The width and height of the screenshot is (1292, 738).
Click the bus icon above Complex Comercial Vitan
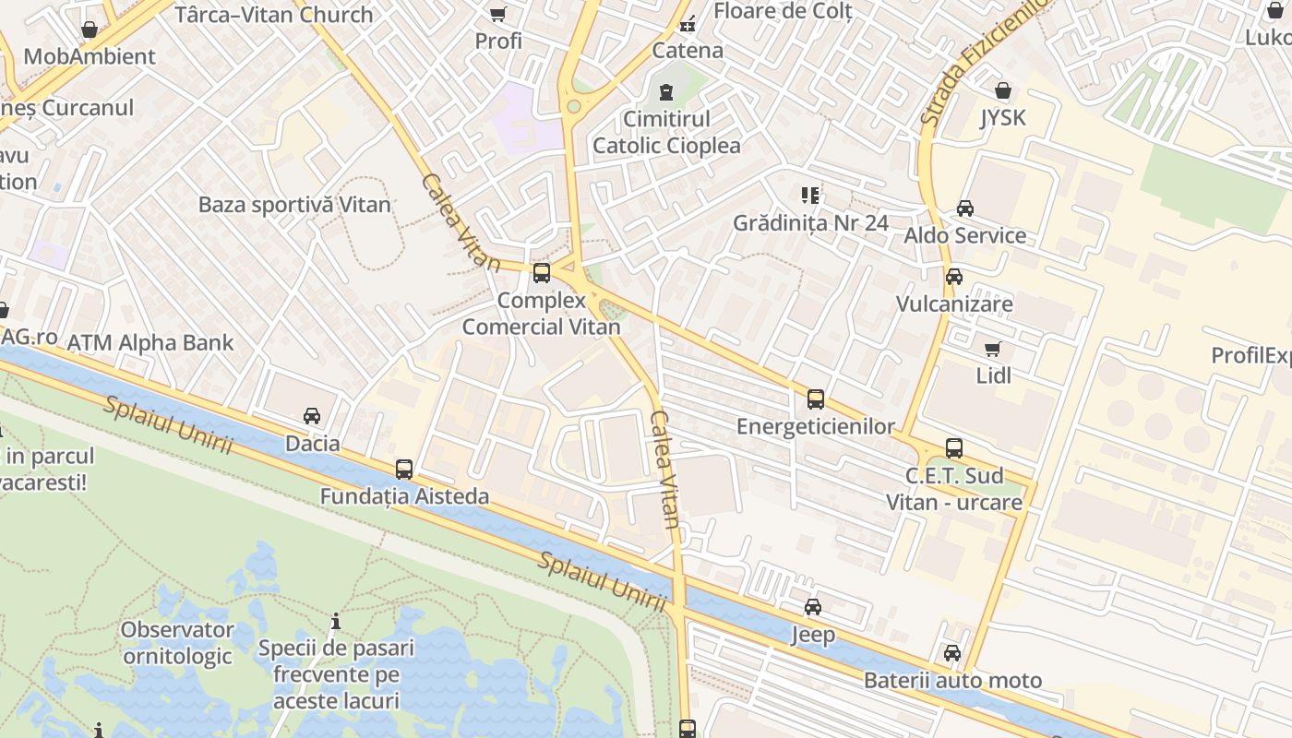542,273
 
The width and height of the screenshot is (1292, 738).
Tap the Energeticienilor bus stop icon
816,399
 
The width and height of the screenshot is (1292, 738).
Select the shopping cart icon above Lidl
993,349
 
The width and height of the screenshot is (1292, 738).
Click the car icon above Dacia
312,416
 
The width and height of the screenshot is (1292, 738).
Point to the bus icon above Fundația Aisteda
404,469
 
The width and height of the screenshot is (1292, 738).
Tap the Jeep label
813,635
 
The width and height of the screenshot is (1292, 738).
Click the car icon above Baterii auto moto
952,653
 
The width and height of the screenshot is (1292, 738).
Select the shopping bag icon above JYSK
1003,90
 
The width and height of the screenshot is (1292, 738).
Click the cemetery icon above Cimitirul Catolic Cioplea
666,91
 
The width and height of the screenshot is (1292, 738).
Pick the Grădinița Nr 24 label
810,223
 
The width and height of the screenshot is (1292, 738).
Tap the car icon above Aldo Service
965,208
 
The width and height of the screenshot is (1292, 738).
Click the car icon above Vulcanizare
954,277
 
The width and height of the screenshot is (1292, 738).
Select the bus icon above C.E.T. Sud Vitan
954,449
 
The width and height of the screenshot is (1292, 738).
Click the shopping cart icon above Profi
498,14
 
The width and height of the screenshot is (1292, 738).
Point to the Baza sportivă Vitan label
294,205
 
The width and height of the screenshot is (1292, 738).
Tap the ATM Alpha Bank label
150,343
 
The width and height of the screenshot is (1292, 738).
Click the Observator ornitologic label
177,643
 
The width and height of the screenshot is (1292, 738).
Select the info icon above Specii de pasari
336,622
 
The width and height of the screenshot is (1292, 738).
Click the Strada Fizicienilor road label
984,65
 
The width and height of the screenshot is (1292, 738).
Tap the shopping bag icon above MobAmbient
90,30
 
